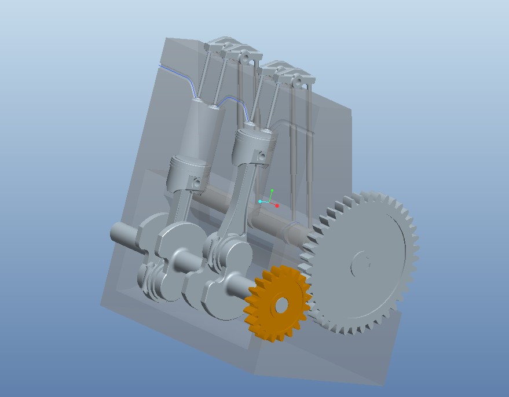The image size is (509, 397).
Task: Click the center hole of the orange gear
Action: pyautogui.click(x=281, y=305)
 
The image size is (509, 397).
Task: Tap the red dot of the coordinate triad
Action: pyautogui.click(x=277, y=205)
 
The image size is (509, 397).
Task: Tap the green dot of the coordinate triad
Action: pyautogui.click(x=272, y=190)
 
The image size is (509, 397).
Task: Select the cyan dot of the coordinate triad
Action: pyautogui.click(x=261, y=201)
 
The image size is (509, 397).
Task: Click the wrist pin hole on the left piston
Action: pyautogui.click(x=197, y=183)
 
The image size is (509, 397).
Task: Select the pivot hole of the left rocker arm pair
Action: pyautogui.click(x=246, y=57)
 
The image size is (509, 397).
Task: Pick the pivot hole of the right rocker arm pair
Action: pyautogui.click(x=298, y=82)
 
